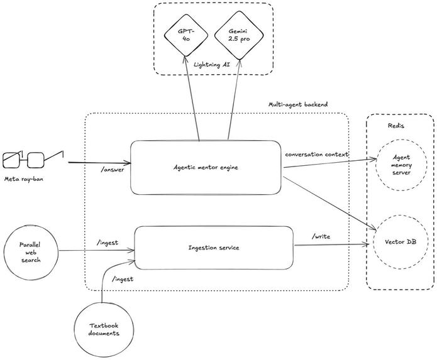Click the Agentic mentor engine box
click(206, 167)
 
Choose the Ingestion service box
click(214, 248)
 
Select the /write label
click(323, 236)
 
